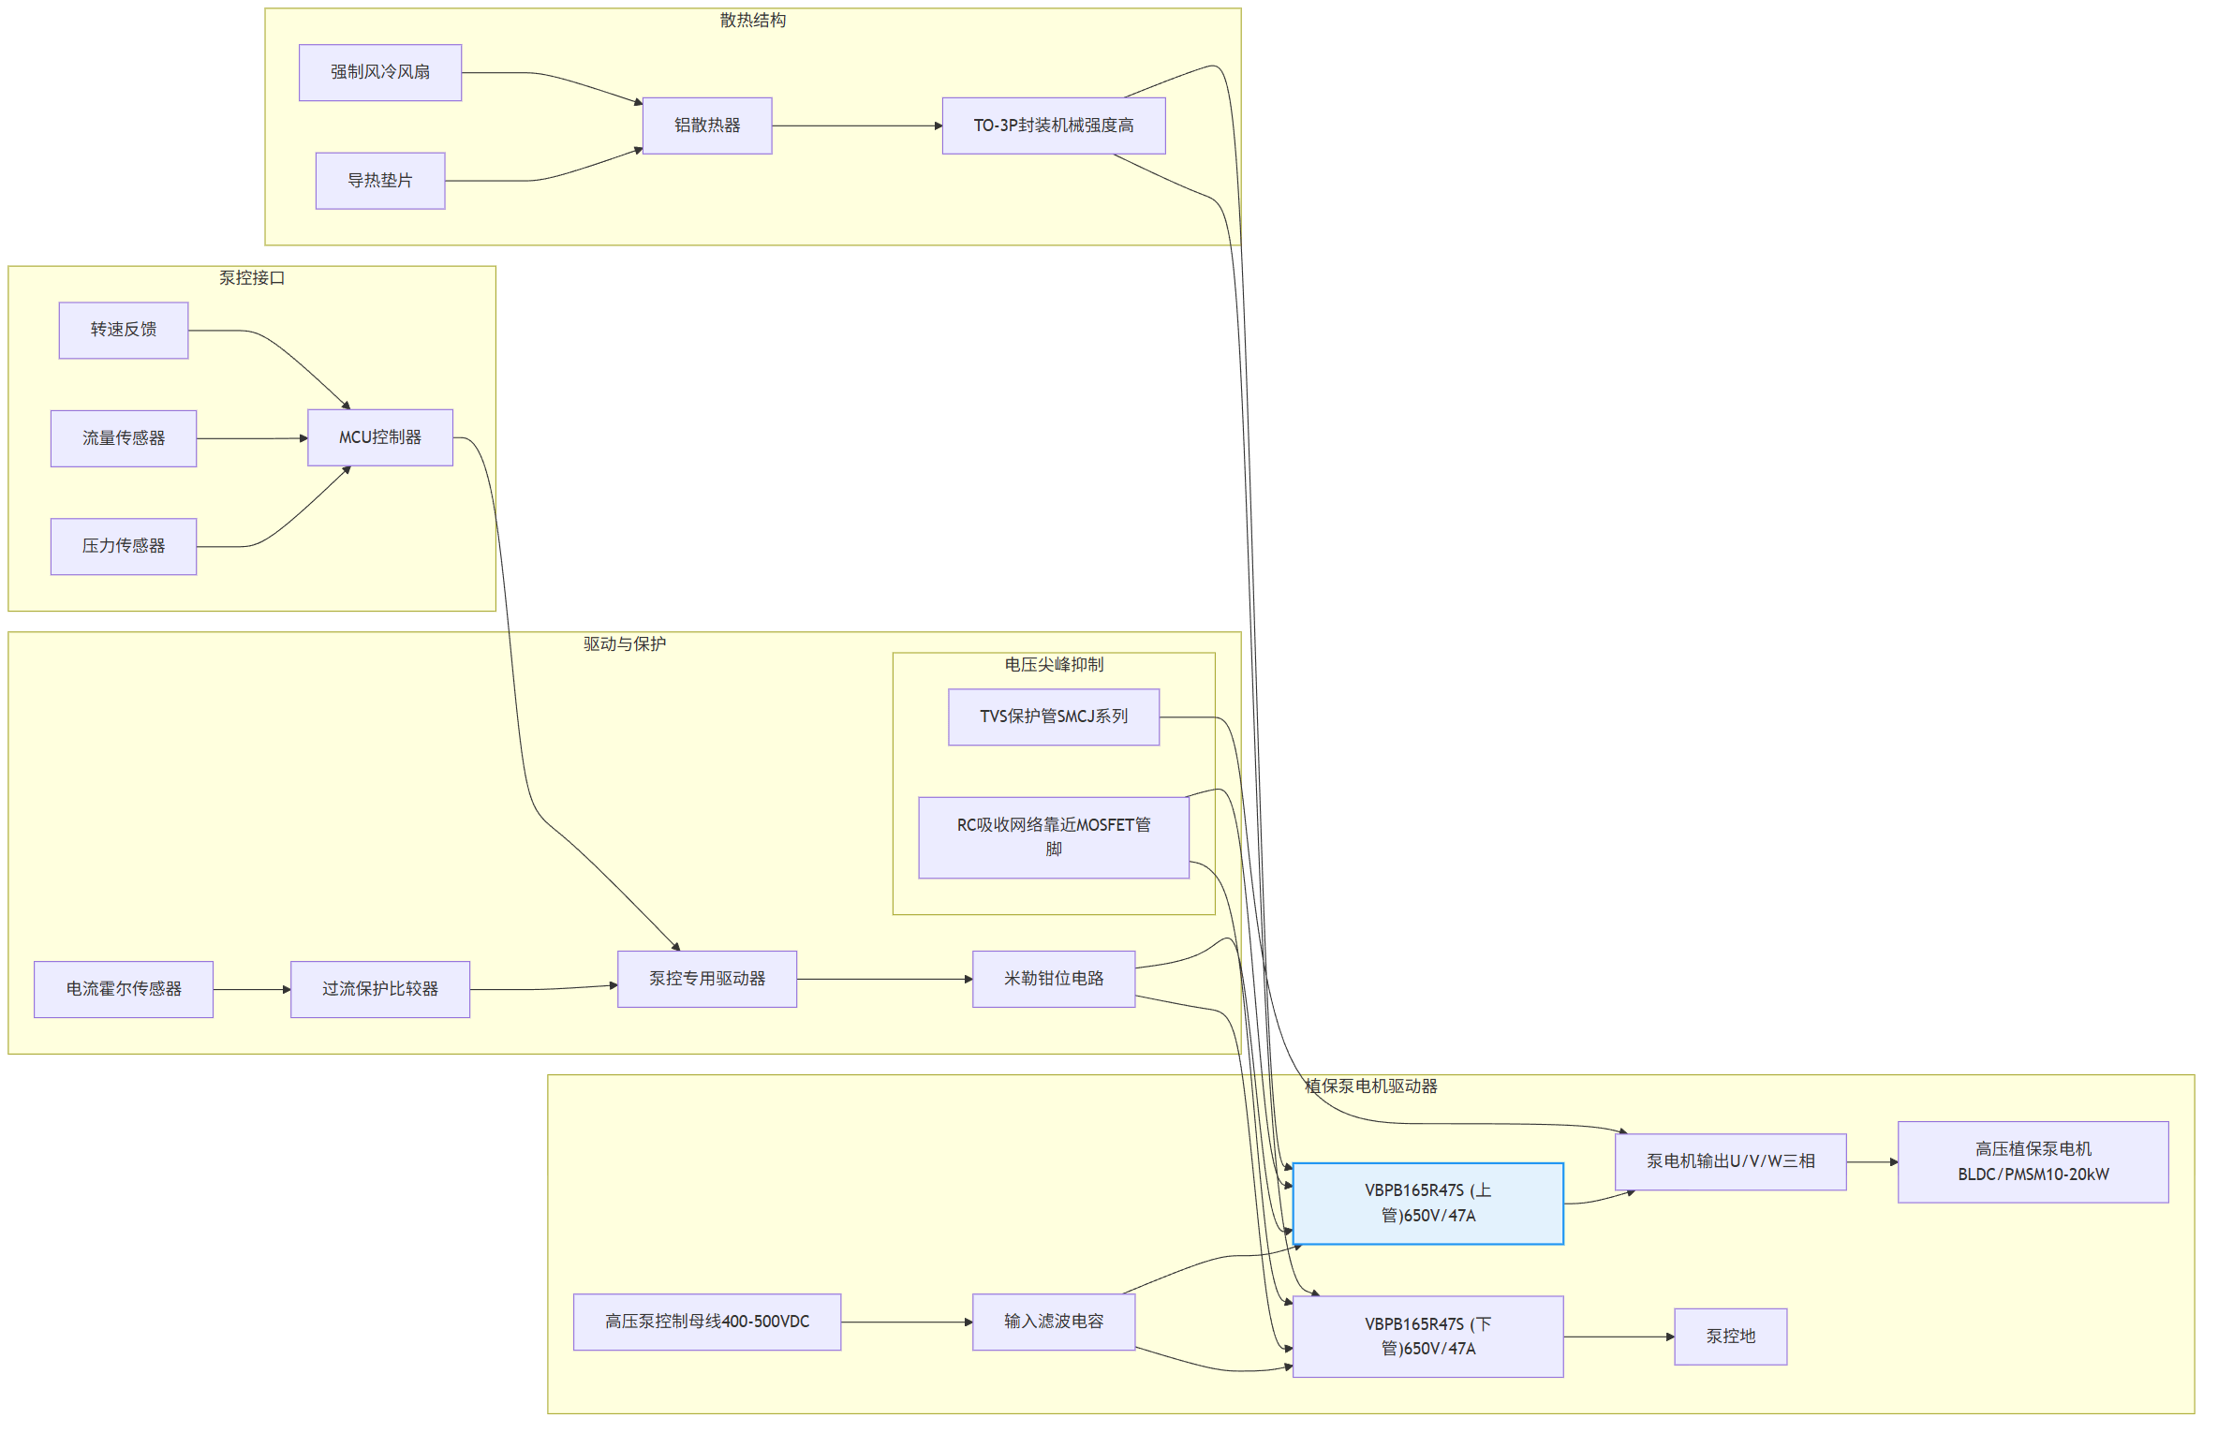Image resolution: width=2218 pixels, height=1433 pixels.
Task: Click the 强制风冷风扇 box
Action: click(x=379, y=72)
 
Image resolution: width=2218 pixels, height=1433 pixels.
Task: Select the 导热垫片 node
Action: click(x=379, y=181)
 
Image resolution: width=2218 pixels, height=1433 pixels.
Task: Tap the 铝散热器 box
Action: click(x=706, y=126)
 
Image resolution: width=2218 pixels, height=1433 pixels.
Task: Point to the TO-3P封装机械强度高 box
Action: click(x=1053, y=126)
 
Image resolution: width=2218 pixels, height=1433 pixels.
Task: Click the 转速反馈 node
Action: click(x=123, y=330)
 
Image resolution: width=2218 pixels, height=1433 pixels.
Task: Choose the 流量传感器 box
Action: click(x=123, y=438)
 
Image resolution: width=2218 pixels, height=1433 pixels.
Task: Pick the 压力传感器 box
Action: click(x=123, y=546)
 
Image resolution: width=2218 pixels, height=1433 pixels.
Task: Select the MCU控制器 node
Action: click(x=379, y=437)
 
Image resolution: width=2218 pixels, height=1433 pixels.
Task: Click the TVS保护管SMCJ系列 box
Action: click(x=1053, y=716)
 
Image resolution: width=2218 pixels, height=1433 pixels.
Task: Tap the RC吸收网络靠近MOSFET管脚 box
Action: click(x=1053, y=836)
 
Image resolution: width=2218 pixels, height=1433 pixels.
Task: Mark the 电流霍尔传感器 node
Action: click(x=123, y=989)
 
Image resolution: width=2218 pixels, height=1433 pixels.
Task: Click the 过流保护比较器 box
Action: click(x=379, y=989)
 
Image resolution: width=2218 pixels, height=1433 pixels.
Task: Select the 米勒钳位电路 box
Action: click(x=1053, y=979)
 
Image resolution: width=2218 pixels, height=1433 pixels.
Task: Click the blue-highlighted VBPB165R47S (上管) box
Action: click(x=1427, y=1203)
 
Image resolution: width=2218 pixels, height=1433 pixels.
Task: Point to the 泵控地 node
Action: click(x=1729, y=1337)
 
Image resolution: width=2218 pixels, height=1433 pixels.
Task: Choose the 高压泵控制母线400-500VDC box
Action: click(x=706, y=1322)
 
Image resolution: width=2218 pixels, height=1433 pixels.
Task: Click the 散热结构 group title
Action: click(x=752, y=21)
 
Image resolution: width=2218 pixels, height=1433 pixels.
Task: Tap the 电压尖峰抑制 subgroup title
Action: click(x=1053, y=665)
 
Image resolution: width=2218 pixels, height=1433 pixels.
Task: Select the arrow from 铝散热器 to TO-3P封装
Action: click(x=856, y=126)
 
